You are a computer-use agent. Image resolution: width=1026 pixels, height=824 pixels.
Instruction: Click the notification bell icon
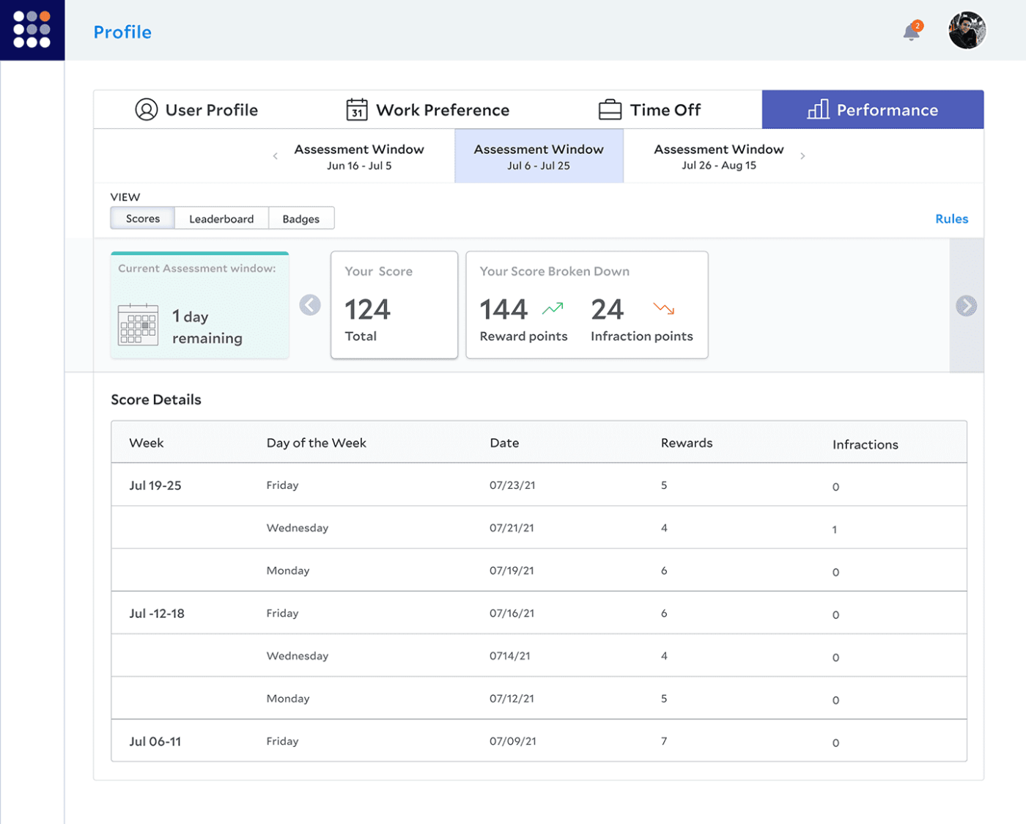pyautogui.click(x=912, y=32)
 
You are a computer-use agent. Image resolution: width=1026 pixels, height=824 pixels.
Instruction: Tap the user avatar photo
pyautogui.click(x=967, y=31)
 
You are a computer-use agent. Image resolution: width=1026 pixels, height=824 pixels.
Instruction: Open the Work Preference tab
pyautogui.click(x=428, y=110)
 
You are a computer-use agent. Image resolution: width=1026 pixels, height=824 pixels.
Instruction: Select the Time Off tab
pyautogui.click(x=649, y=110)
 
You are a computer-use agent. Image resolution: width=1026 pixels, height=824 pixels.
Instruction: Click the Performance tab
pyautogui.click(x=872, y=110)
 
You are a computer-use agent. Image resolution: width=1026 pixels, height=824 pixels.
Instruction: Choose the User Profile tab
pyautogui.click(x=196, y=110)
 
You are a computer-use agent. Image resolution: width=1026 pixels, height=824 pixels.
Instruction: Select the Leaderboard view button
pyautogui.click(x=221, y=218)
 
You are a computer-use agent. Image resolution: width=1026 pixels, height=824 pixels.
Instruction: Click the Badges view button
pyautogui.click(x=300, y=218)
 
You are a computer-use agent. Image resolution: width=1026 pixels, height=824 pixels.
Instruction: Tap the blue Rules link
pyautogui.click(x=951, y=218)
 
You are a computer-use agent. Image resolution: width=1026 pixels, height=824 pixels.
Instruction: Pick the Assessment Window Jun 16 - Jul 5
pyautogui.click(x=359, y=156)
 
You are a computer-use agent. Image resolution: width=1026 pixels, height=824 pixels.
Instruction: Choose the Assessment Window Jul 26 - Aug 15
pyautogui.click(x=718, y=156)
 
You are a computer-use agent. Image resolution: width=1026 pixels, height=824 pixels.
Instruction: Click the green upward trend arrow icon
pyautogui.click(x=553, y=309)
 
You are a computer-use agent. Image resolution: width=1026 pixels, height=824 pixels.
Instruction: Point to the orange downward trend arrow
pyautogui.click(x=663, y=309)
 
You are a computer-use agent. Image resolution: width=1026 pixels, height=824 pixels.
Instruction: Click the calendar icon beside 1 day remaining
pyautogui.click(x=138, y=324)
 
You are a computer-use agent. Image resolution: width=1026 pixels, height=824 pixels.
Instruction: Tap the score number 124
pyautogui.click(x=368, y=309)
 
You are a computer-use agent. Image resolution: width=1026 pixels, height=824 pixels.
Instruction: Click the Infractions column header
pyautogui.click(x=865, y=444)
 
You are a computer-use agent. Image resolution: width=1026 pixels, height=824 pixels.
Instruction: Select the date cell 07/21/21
pyautogui.click(x=512, y=528)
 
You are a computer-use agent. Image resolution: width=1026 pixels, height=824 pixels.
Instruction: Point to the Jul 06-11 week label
pyautogui.click(x=155, y=741)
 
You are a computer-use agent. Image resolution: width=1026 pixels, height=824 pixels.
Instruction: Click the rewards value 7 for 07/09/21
pyautogui.click(x=664, y=741)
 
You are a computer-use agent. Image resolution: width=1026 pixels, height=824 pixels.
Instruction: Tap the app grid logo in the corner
pyautogui.click(x=32, y=30)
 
